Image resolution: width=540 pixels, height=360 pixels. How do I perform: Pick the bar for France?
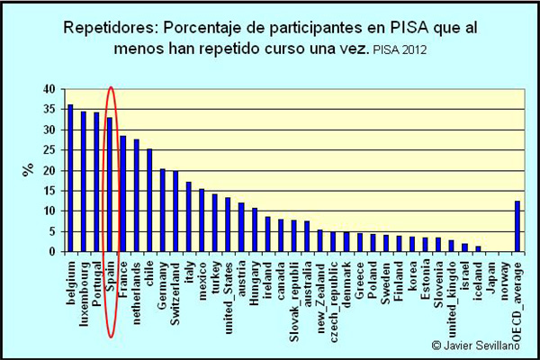click(x=123, y=193)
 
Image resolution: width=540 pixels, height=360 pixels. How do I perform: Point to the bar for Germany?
click(x=163, y=210)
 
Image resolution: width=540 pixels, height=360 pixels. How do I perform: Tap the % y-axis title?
click(x=28, y=171)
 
